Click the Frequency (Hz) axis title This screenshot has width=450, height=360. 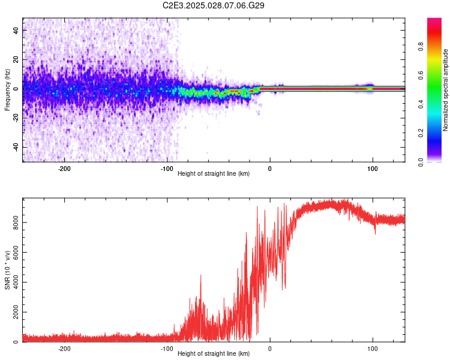(7, 90)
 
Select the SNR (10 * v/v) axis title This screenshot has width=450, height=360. (7, 270)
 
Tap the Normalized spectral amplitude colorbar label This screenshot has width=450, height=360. (445, 90)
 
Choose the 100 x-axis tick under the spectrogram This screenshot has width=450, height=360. (373, 169)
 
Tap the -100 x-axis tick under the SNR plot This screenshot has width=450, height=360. (167, 349)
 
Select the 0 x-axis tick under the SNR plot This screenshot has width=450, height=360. (270, 349)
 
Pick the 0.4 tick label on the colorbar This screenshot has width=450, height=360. (439, 104)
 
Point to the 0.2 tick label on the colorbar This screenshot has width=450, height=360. (439, 133)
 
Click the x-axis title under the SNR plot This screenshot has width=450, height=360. (214, 354)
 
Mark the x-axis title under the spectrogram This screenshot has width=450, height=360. (214, 174)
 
